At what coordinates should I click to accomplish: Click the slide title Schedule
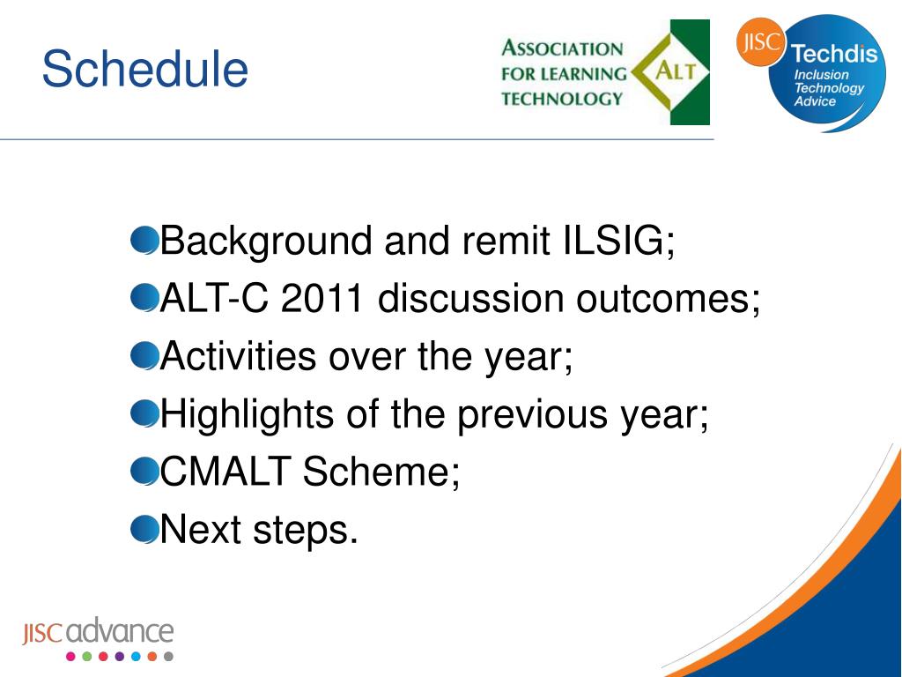click(x=145, y=69)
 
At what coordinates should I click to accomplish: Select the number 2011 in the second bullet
click(x=322, y=298)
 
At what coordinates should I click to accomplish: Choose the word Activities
click(x=238, y=356)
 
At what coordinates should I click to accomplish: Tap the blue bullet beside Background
click(x=144, y=240)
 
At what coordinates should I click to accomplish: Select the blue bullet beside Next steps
click(x=144, y=529)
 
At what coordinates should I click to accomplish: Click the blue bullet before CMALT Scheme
click(x=144, y=471)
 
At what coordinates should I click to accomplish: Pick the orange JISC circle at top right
click(x=760, y=41)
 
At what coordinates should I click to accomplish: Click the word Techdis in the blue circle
click(x=834, y=54)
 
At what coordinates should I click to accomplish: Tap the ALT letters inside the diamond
click(x=676, y=71)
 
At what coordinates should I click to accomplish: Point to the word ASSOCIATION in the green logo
click(x=562, y=48)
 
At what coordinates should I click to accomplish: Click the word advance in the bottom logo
click(x=120, y=631)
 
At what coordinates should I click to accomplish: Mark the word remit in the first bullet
click(x=506, y=240)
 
